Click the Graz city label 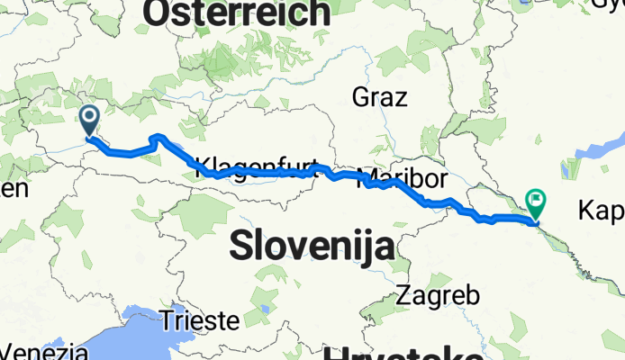coord(380,96)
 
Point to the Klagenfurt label coord(243,165)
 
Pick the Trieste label coord(199,319)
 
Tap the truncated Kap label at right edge coord(602,211)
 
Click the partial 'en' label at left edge coord(13,189)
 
